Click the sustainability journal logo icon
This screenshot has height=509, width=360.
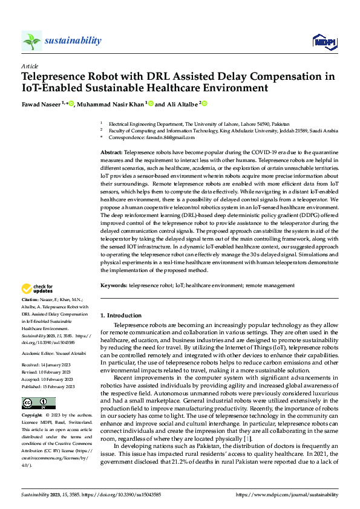31,41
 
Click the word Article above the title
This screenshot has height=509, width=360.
30,66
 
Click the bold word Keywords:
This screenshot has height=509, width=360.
113,285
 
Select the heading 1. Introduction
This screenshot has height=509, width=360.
121,315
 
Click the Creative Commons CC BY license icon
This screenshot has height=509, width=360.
38,403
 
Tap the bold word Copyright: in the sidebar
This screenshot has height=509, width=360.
33,416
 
